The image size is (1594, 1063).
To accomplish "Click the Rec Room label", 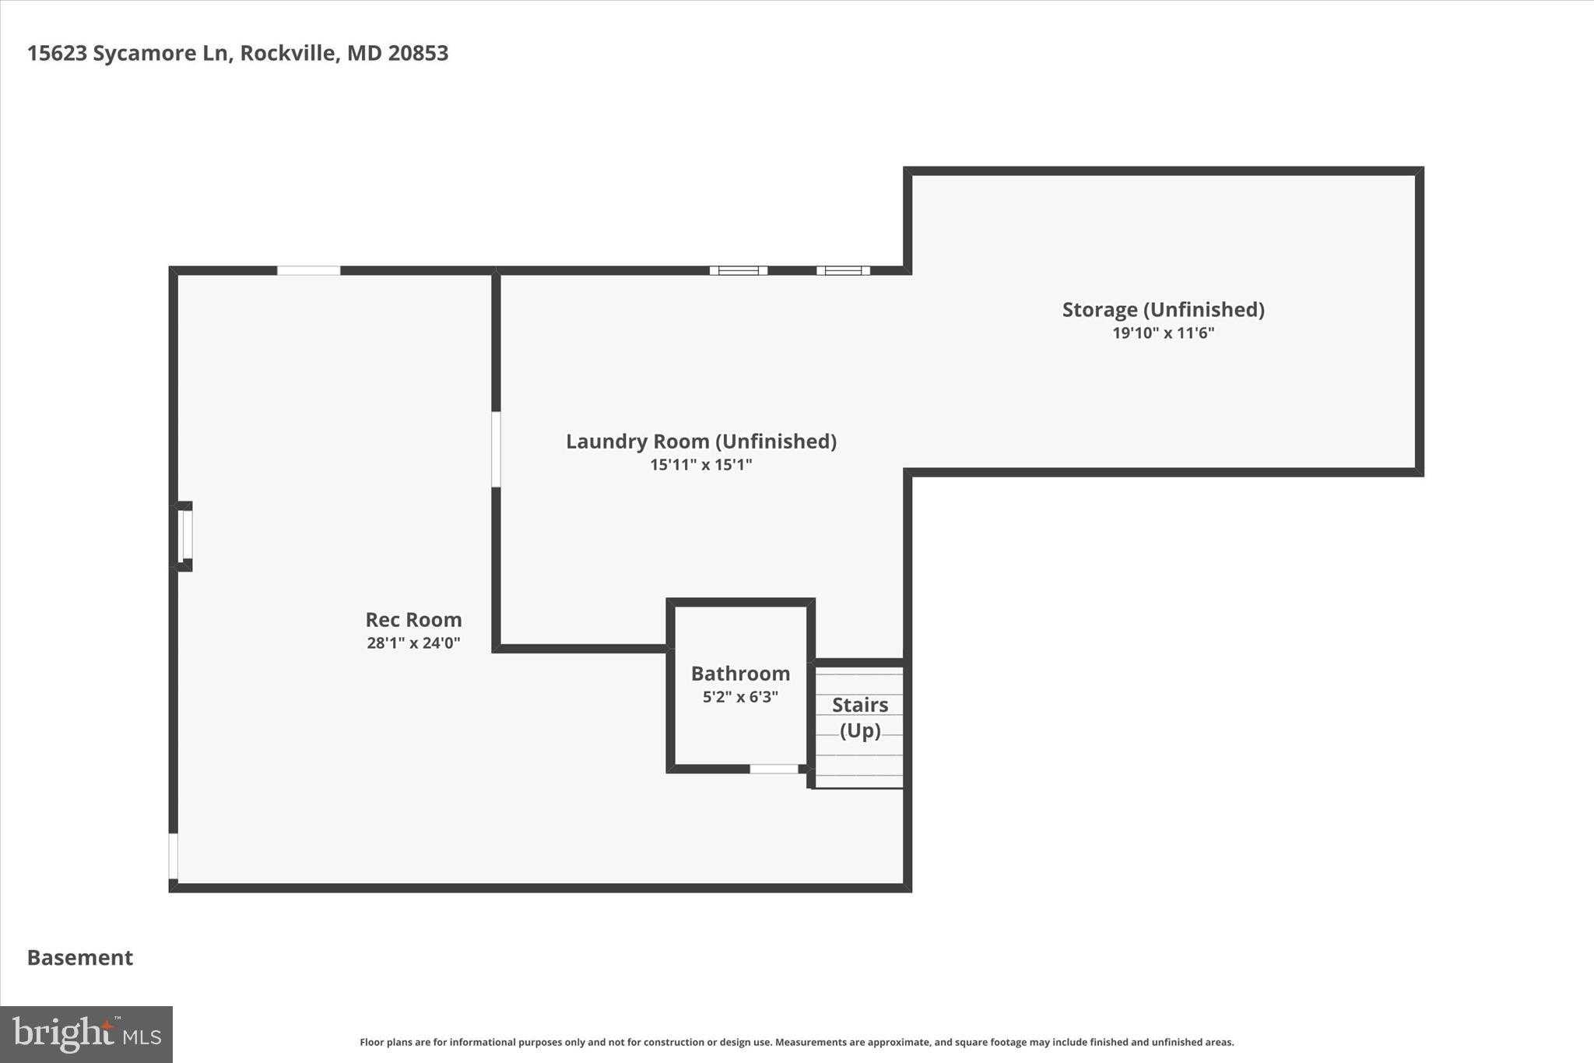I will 413,620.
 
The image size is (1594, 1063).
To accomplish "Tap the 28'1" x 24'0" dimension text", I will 413,643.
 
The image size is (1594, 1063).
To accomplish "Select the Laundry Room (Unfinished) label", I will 700,442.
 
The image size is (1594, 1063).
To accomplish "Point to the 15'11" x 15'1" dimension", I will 700,465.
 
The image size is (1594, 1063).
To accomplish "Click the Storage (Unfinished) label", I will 1163,310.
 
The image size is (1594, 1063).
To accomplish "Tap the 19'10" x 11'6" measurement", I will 1163,333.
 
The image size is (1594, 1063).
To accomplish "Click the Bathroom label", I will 740,674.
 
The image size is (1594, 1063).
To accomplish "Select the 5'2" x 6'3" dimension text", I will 740,697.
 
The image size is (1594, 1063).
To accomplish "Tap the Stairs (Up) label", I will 860,717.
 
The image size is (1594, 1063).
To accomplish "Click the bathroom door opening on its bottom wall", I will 774,769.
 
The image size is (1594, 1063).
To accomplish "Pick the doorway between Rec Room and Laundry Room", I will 496,449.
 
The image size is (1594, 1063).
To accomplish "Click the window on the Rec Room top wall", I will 308,271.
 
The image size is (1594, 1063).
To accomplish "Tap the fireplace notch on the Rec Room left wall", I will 184,536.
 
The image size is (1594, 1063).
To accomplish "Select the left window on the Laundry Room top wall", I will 738,271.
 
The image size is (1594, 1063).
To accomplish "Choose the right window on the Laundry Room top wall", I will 843,271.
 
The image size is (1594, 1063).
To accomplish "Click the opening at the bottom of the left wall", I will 174,857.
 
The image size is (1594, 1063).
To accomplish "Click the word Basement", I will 80,958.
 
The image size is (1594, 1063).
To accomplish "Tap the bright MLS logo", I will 86,1034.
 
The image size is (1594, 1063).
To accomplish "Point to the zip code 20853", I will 418,53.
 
